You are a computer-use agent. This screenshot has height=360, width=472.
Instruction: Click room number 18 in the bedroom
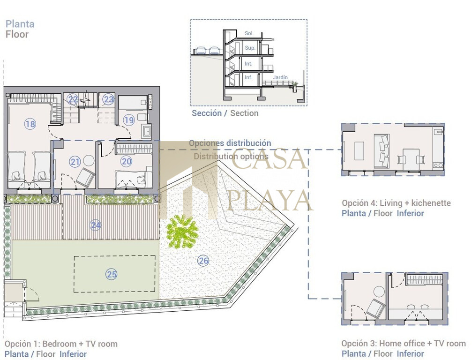pyautogui.click(x=30, y=124)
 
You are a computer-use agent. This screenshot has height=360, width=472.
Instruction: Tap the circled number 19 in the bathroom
pyautogui.click(x=129, y=120)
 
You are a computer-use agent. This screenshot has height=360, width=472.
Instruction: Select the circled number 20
pyautogui.click(x=127, y=161)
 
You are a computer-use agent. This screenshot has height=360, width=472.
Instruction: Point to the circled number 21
pyautogui.click(x=75, y=162)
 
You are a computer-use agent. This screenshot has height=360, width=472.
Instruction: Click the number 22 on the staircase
pyautogui.click(x=73, y=99)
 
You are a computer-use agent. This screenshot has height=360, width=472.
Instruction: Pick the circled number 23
pyautogui.click(x=108, y=99)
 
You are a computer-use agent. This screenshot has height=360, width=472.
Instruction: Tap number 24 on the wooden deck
pyautogui.click(x=96, y=225)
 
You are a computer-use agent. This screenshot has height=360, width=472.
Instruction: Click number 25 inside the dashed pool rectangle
pyautogui.click(x=112, y=274)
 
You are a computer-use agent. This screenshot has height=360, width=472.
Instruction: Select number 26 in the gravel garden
pyautogui.click(x=203, y=261)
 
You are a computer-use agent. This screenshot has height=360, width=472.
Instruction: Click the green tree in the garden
pyautogui.click(x=182, y=232)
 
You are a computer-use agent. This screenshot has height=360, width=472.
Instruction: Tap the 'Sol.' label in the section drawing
pyautogui.click(x=249, y=33)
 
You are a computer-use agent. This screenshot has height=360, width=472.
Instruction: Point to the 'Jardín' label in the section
pyautogui.click(x=280, y=77)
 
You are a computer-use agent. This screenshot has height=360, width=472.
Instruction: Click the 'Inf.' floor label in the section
pyautogui.click(x=248, y=77)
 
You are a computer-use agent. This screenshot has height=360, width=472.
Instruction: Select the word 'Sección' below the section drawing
pyautogui.click(x=207, y=113)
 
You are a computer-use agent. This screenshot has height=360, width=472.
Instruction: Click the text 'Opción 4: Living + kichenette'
pyautogui.click(x=396, y=203)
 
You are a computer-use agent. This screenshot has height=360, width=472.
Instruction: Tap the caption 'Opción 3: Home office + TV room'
pyautogui.click(x=404, y=344)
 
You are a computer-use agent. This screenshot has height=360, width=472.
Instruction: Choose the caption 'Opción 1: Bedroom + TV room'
pyautogui.click(x=61, y=344)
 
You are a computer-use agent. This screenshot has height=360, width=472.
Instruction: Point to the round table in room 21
pyautogui.click(x=89, y=160)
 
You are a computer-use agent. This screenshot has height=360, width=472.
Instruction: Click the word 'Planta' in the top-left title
pyautogui.click(x=20, y=24)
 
